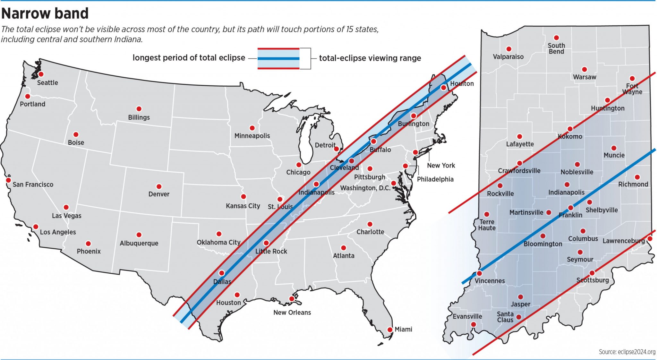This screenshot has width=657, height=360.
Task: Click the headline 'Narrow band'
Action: click(45, 13)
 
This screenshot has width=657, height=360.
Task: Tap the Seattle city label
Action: click(47, 83)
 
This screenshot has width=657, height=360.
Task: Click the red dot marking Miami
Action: click(390, 330)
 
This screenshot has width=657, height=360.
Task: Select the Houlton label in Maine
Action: click(462, 84)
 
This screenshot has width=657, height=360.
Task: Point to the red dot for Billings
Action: click(139, 109)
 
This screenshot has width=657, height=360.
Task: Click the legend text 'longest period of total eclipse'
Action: click(189, 58)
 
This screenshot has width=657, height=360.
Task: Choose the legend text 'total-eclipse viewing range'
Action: click(370, 58)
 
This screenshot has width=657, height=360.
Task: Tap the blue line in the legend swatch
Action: click(278, 59)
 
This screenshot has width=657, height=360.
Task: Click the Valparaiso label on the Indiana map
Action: click(508, 57)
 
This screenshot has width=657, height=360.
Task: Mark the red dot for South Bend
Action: click(557, 38)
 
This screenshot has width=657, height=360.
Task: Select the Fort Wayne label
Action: click(632, 89)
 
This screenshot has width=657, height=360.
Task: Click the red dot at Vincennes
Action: click(479, 274)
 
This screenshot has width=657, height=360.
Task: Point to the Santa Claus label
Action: click(505, 317)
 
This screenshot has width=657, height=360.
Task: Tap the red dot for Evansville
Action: click(474, 324)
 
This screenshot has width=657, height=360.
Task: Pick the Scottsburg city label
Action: click(593, 280)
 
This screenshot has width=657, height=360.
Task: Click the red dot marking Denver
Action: click(159, 186)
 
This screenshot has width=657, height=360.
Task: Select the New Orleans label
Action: click(292, 313)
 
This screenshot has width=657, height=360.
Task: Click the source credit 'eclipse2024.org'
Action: click(627, 352)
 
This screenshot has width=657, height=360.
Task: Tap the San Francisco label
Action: click(33, 184)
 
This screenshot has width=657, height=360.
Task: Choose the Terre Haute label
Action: click(487, 225)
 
